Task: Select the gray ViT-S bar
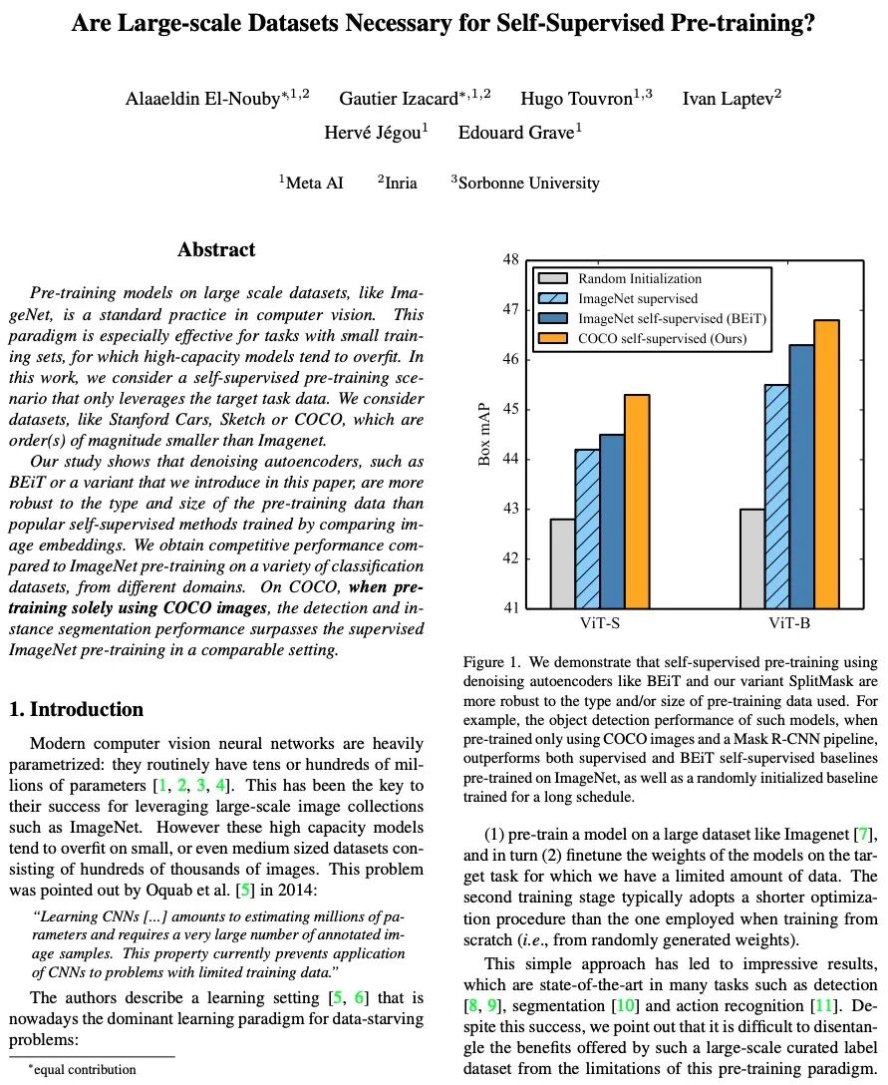[x=562, y=563]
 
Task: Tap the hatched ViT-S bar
[x=587, y=529]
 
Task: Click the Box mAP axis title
[x=485, y=434]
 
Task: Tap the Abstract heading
[x=216, y=250]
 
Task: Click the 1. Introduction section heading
[x=77, y=710]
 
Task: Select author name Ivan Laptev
[x=731, y=98]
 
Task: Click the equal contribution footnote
[x=82, y=1069]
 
